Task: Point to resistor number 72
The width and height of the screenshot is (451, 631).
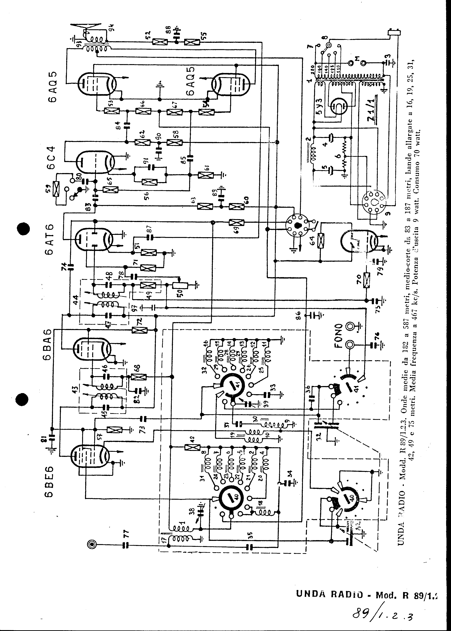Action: click(x=139, y=330)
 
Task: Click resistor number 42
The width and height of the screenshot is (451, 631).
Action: click(x=192, y=447)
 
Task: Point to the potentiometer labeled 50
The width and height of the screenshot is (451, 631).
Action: click(x=180, y=285)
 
